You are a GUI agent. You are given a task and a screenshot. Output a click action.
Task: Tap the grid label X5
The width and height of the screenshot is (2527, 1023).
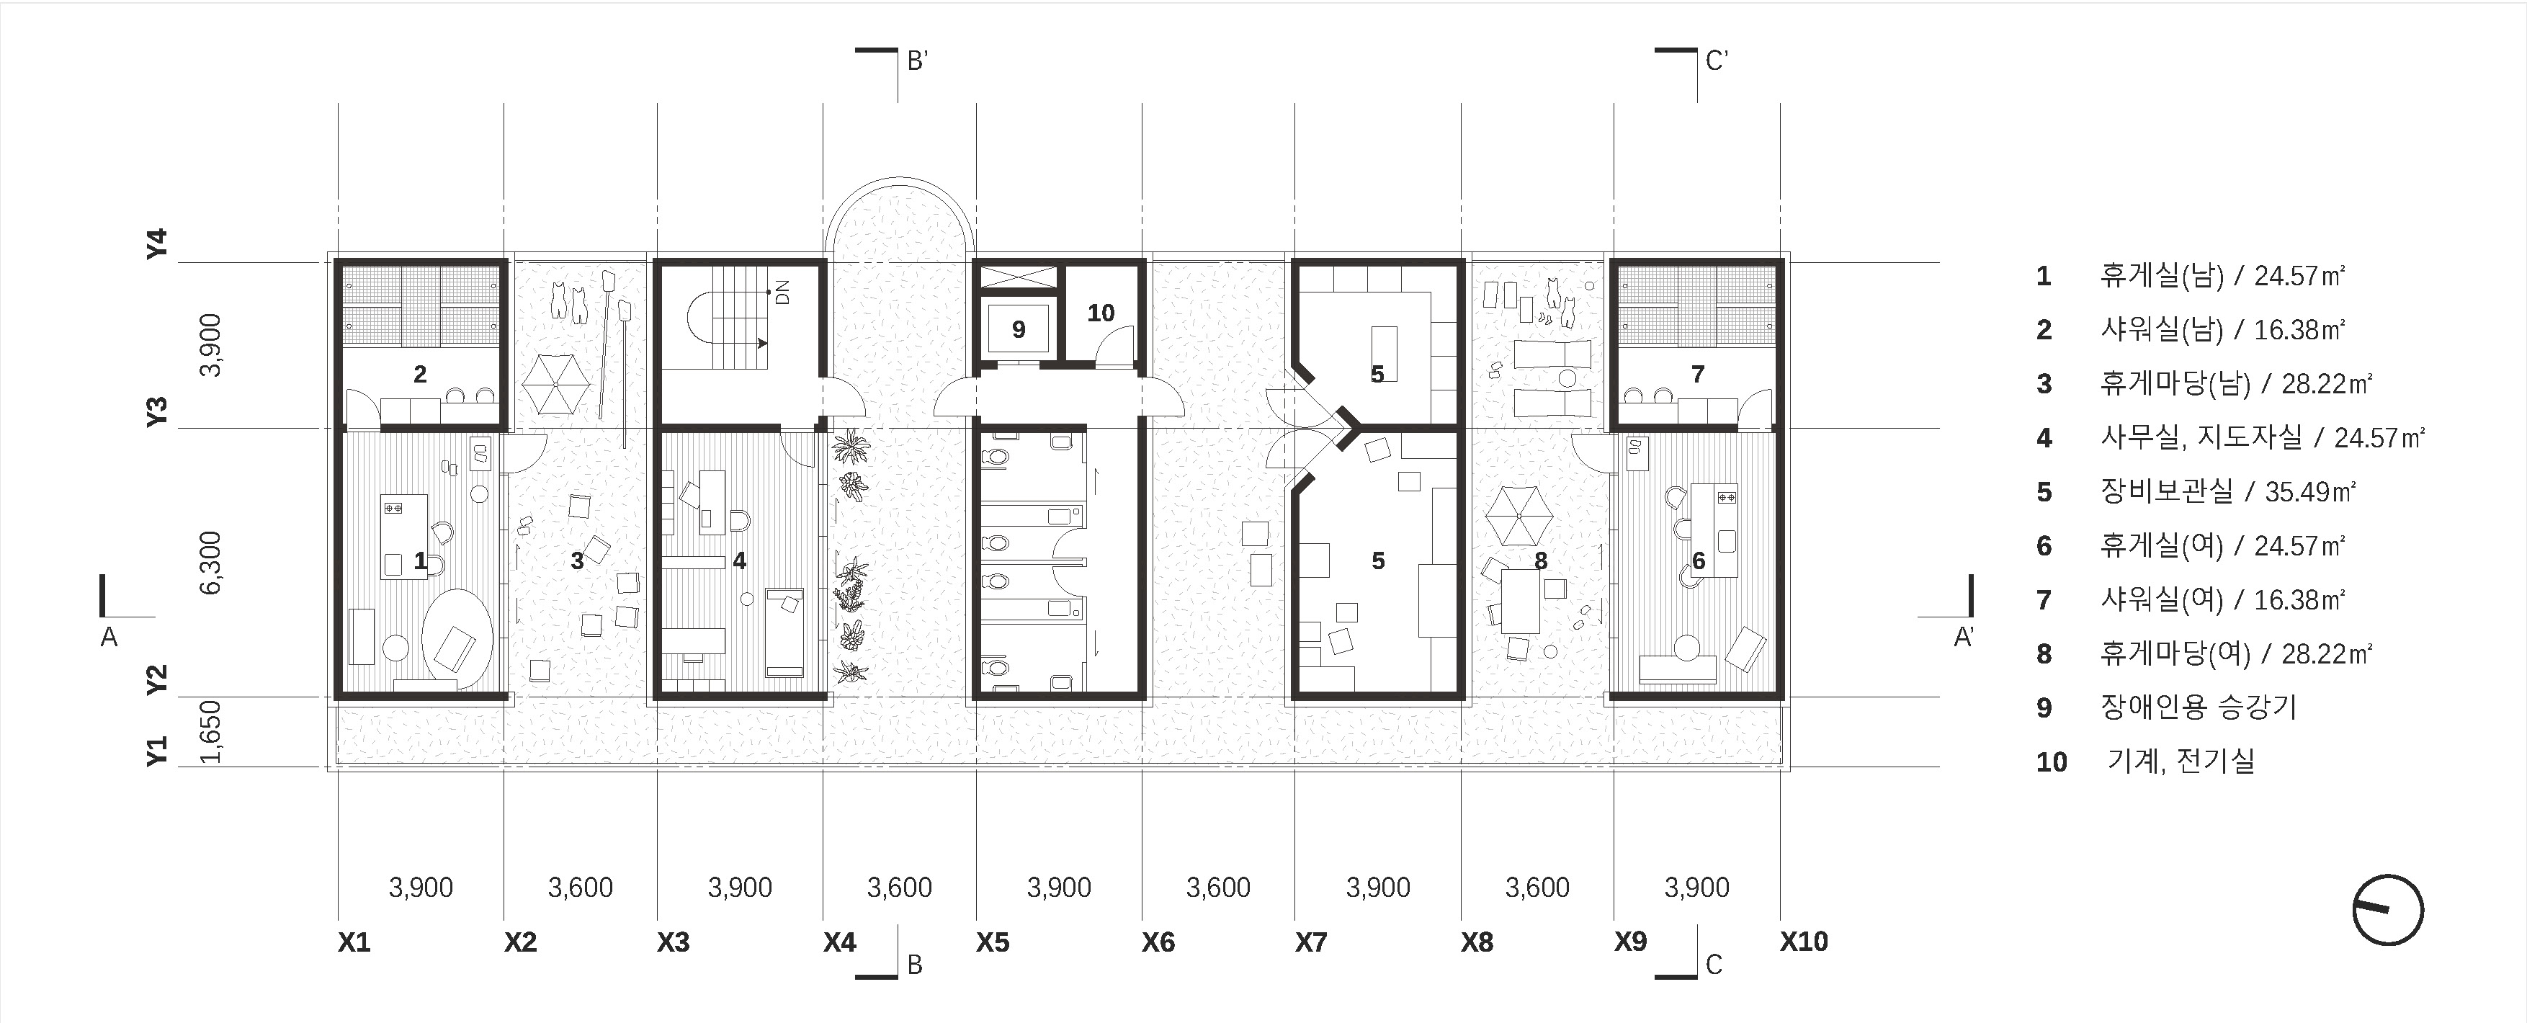click(x=993, y=942)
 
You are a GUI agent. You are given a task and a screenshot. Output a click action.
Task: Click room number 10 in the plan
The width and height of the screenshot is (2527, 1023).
click(x=1101, y=313)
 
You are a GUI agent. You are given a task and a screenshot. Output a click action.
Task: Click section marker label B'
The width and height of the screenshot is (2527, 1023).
click(x=917, y=62)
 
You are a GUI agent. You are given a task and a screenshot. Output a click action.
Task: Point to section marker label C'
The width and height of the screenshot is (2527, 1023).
click(x=1717, y=62)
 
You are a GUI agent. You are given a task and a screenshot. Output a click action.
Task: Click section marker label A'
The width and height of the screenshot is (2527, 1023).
click(x=1964, y=638)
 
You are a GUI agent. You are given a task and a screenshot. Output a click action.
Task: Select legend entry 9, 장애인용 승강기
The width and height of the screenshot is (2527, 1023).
click(x=2167, y=707)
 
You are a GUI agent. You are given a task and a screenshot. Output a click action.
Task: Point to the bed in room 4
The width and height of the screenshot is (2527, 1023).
click(x=784, y=633)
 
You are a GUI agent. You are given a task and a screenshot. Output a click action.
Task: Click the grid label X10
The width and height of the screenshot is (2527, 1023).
click(x=1804, y=942)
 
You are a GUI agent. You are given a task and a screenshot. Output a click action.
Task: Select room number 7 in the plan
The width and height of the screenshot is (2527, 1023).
click(x=1698, y=374)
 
